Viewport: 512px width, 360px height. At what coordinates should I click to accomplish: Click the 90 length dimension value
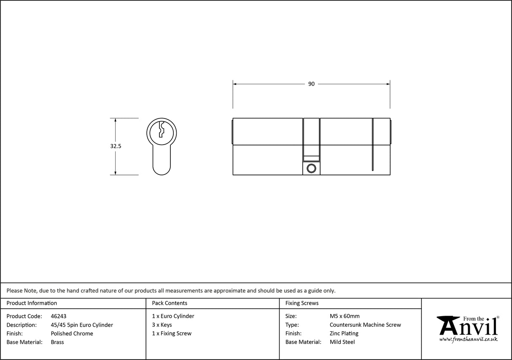tap(311, 84)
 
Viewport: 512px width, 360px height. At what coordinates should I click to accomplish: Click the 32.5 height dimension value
tap(116, 146)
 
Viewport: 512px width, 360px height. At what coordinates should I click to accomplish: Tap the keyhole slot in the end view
tap(161, 130)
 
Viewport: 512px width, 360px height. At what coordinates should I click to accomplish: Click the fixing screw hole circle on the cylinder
tap(311, 169)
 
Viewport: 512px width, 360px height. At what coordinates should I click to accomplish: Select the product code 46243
tap(58, 316)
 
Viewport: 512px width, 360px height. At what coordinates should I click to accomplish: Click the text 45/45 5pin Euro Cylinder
tap(82, 325)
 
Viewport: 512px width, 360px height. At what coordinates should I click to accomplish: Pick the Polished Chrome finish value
tap(72, 333)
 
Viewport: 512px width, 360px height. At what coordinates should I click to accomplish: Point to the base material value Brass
tap(57, 342)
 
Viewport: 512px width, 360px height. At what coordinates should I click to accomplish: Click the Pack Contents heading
tap(170, 303)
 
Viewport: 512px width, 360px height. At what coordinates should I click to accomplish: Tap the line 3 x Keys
tap(162, 325)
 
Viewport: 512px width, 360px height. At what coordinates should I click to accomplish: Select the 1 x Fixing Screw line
tap(172, 333)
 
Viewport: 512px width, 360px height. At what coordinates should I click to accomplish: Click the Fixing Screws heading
tap(302, 303)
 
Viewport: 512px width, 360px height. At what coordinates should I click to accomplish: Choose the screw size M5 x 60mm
tap(345, 316)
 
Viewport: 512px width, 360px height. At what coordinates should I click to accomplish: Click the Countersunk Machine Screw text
tap(365, 325)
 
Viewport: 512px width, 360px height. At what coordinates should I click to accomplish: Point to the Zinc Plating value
tap(344, 333)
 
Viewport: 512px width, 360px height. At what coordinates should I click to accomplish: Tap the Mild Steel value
tap(342, 342)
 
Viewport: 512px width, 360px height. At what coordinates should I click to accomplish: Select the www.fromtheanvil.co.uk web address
tap(468, 339)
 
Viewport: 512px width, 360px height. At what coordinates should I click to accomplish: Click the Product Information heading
tap(32, 303)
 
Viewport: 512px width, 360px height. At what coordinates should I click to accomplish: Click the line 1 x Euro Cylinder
tap(173, 316)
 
